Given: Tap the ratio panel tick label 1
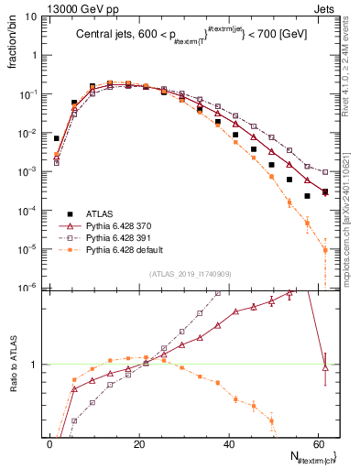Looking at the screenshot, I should pyautogui.click(x=36, y=365).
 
